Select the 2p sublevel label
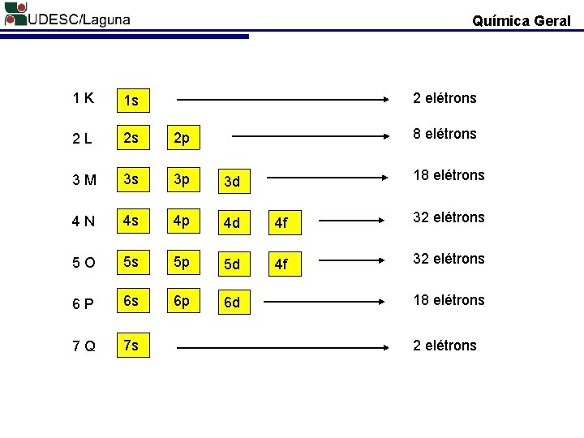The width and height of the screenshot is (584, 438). tap(181, 139)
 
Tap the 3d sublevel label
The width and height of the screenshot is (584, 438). tap(232, 181)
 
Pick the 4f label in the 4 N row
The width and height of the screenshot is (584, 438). tap(280, 222)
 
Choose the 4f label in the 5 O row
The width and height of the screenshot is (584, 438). tap(280, 264)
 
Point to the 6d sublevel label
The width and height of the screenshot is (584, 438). tap(232, 303)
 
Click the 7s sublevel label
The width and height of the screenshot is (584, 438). tap(131, 346)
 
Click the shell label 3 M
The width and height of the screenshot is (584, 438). tap(83, 179)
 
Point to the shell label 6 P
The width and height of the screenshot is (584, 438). tap(82, 303)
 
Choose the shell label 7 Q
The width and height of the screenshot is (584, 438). tap(83, 346)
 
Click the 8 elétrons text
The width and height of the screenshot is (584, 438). tap(444, 134)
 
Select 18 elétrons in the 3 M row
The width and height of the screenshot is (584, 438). tap(449, 175)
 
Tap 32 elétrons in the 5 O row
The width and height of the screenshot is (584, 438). tap(449, 259)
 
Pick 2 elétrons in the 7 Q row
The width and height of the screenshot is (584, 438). tap(444, 346)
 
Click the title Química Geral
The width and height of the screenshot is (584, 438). tap(521, 21)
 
